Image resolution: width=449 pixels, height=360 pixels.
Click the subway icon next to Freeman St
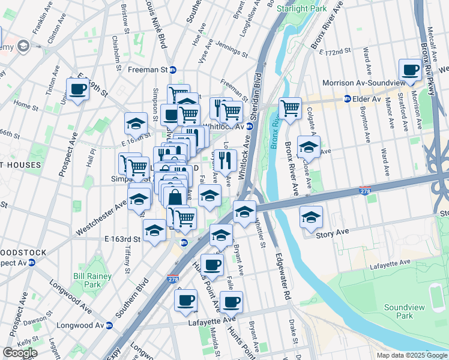click(173, 70)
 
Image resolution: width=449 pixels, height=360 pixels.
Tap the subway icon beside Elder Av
click(347, 98)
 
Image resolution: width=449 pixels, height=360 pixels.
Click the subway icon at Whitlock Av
click(249, 126)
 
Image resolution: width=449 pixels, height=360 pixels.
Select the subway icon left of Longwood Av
click(109, 326)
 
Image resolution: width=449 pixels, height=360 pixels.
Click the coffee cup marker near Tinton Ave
click(77, 89)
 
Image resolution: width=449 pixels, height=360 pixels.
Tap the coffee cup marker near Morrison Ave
click(410, 70)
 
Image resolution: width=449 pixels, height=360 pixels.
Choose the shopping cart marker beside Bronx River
click(290, 109)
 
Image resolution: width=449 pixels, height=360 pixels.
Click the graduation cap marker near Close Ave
click(309, 146)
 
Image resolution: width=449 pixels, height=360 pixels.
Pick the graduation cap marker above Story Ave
click(311, 217)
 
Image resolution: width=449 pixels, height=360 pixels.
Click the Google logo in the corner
click(20, 353)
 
